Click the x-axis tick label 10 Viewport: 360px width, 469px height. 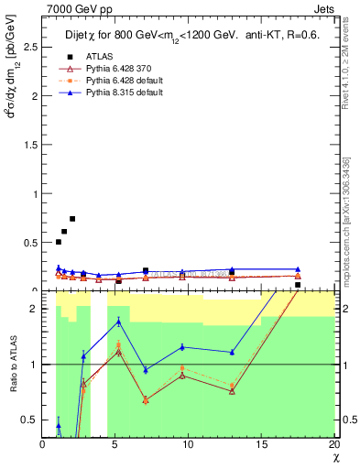click(x=188, y=445)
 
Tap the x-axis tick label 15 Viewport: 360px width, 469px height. click(x=261, y=445)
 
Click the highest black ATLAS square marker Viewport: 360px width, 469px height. click(x=72, y=219)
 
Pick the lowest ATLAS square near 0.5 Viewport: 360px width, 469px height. click(x=59, y=242)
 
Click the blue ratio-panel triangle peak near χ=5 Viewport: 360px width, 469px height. click(x=119, y=321)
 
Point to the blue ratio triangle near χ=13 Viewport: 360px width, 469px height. click(x=232, y=352)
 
